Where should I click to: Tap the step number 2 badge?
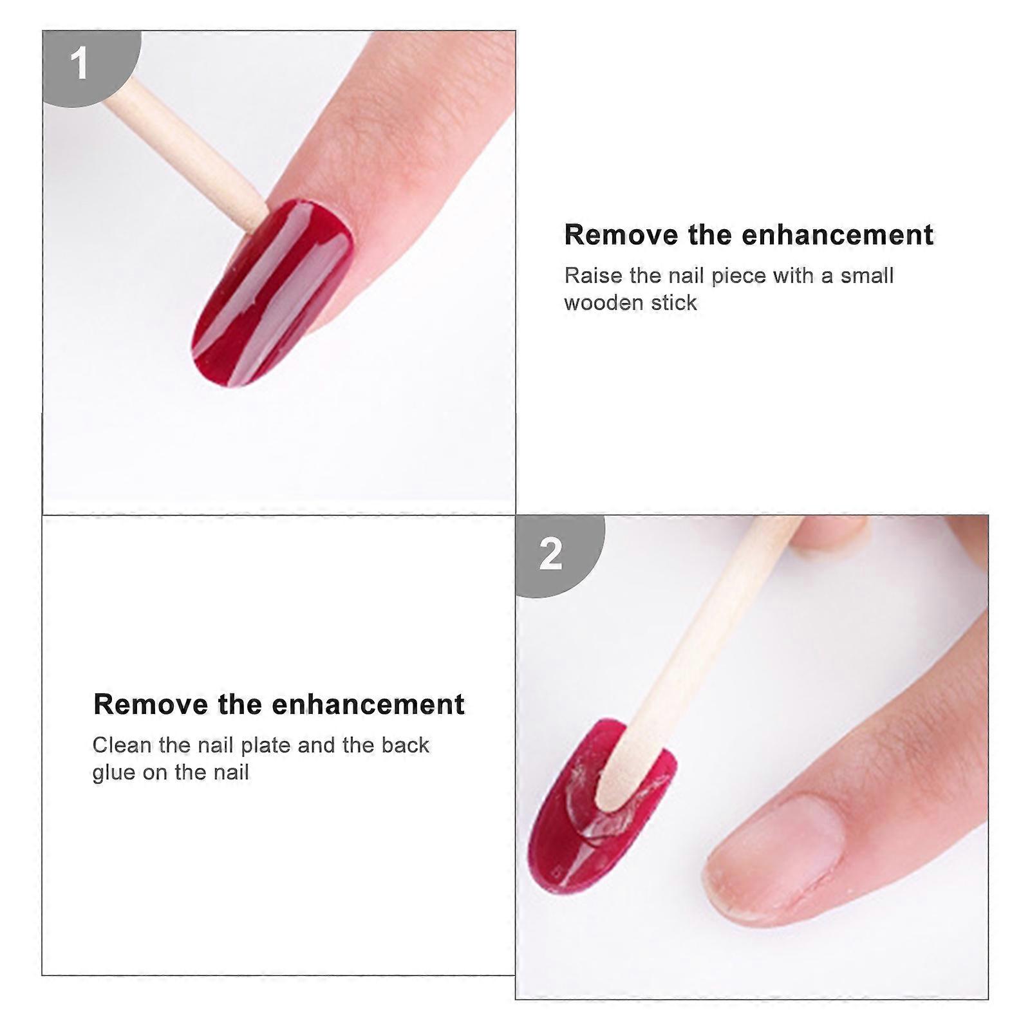coord(552,553)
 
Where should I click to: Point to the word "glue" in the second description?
coord(114,772)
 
